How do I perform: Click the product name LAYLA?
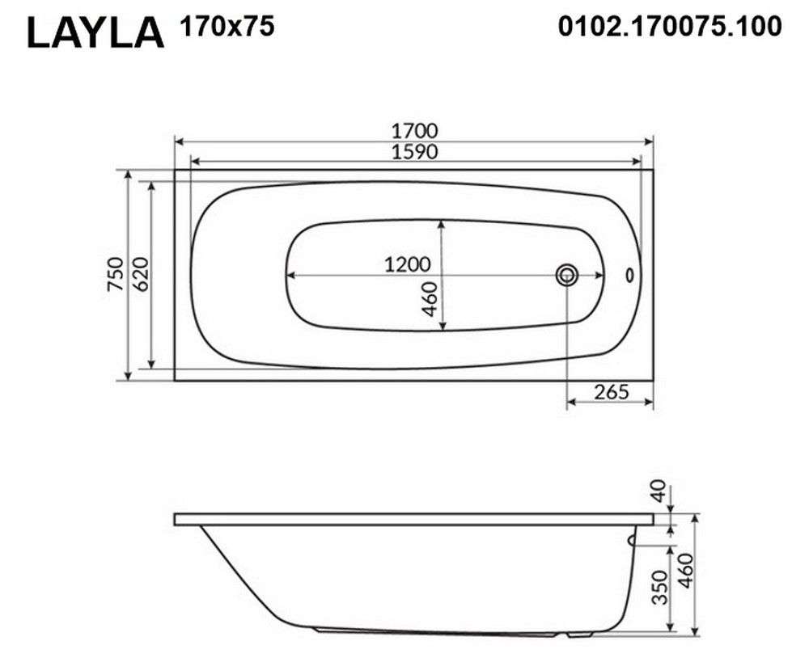(x=95, y=33)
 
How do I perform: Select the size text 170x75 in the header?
(x=227, y=27)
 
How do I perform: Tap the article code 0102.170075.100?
(x=670, y=27)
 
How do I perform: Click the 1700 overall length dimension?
(x=414, y=130)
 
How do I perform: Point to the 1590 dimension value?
(x=414, y=152)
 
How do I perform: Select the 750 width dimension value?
(x=116, y=274)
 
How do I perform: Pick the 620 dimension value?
(x=140, y=274)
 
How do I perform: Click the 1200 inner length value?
(x=407, y=264)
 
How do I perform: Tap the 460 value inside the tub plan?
(x=430, y=299)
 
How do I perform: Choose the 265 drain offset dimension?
(x=612, y=392)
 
